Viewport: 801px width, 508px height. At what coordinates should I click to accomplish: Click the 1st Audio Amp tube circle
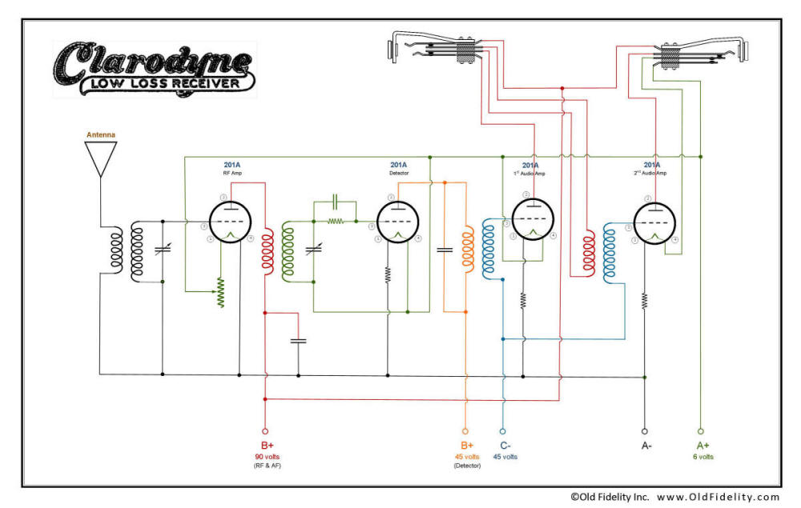point(526,219)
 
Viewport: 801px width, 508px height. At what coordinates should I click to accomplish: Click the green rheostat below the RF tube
point(222,293)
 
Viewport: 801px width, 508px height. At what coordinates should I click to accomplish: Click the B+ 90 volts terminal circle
point(265,430)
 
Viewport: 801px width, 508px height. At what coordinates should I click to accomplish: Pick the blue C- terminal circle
point(503,430)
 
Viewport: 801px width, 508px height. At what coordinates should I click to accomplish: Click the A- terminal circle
point(645,430)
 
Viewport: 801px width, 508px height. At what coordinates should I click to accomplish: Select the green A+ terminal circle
point(701,430)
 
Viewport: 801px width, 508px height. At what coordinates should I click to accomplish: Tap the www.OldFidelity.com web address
point(718,497)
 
